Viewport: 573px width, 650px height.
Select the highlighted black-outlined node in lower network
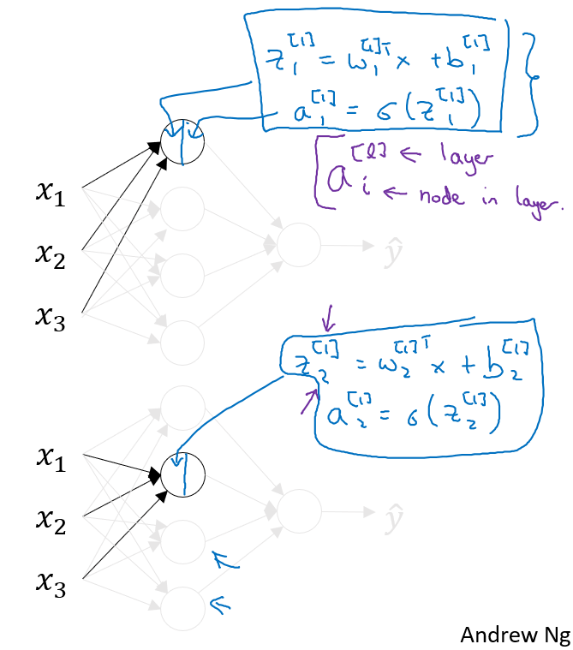[x=183, y=473]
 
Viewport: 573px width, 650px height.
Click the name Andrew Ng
[x=515, y=635]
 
